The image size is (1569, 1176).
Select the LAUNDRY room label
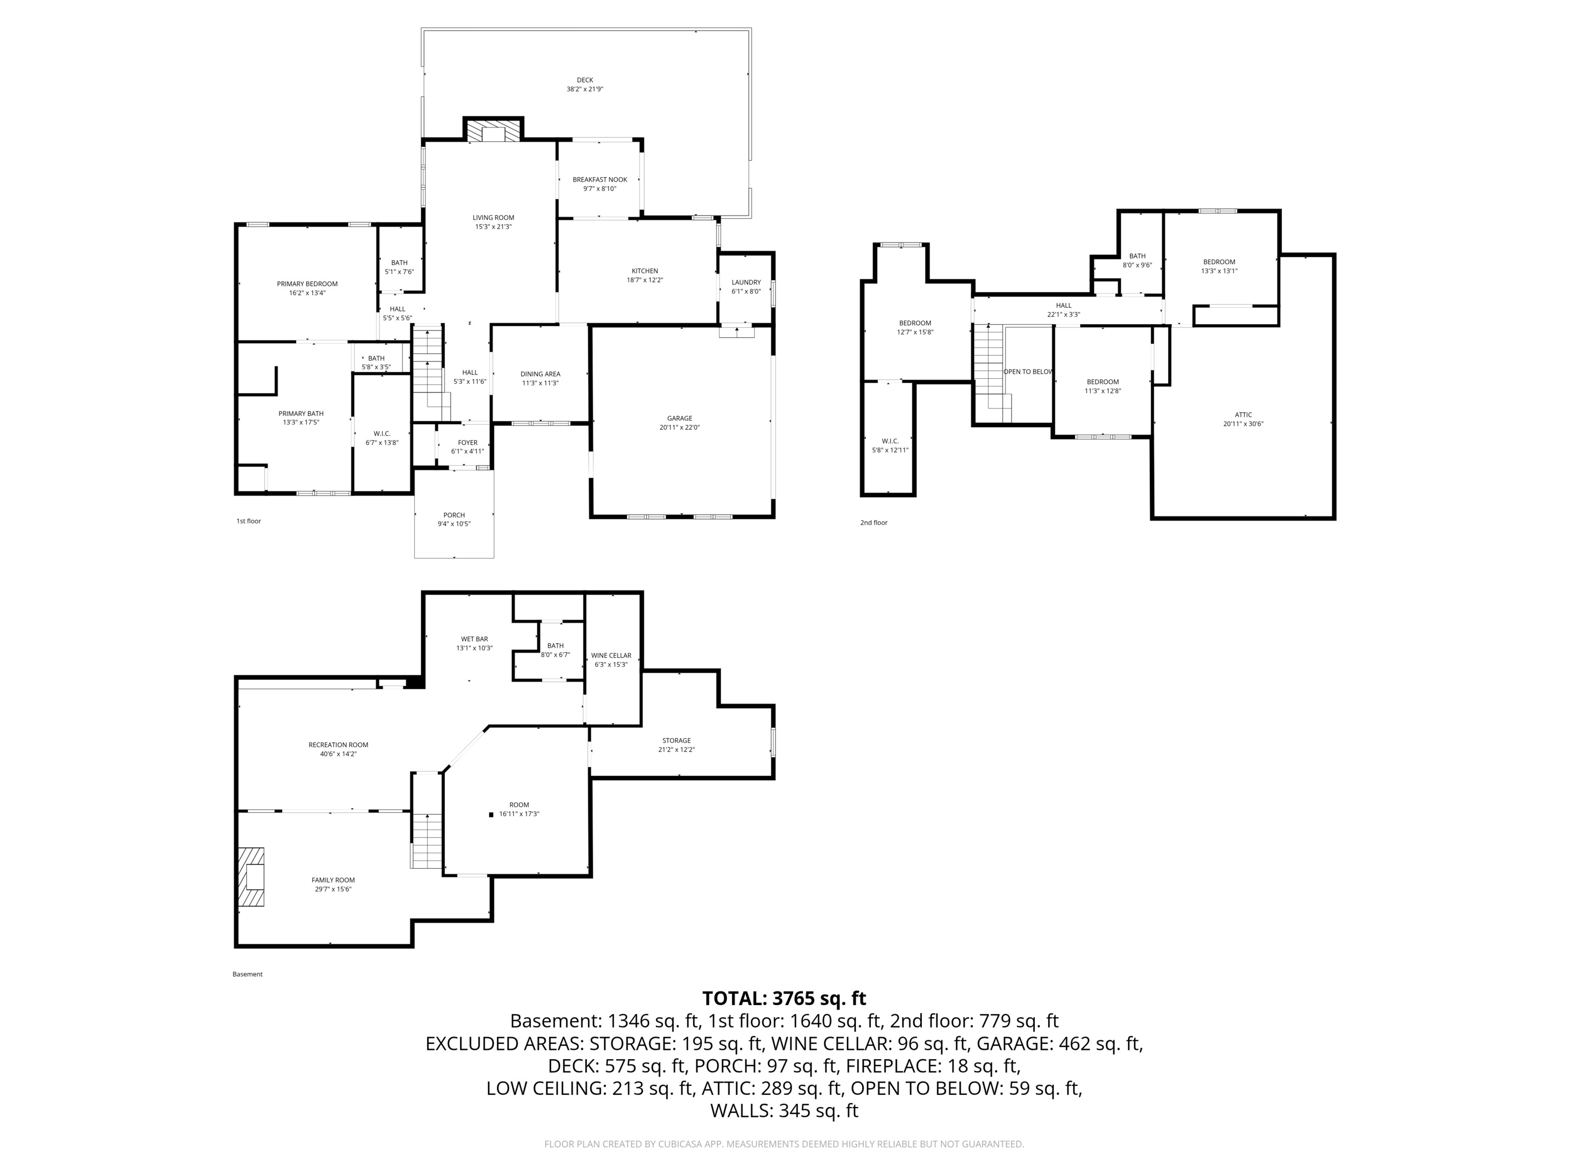(x=746, y=282)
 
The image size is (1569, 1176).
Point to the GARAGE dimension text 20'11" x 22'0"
(x=679, y=427)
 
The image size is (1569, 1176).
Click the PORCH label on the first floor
(x=454, y=516)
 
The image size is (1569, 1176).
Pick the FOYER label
(x=467, y=443)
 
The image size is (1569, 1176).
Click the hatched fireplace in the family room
(x=251, y=876)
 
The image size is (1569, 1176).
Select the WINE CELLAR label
(x=611, y=656)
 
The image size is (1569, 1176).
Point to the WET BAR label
(x=474, y=640)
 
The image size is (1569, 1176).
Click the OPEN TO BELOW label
(x=1028, y=372)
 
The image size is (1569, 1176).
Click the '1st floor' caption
(x=248, y=521)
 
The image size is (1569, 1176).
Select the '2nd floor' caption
(x=873, y=523)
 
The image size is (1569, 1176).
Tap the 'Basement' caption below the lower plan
(x=248, y=974)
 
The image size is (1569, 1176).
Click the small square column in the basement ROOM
(x=491, y=815)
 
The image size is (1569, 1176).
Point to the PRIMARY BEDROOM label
(x=307, y=284)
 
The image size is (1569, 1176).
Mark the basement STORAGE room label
(x=676, y=741)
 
